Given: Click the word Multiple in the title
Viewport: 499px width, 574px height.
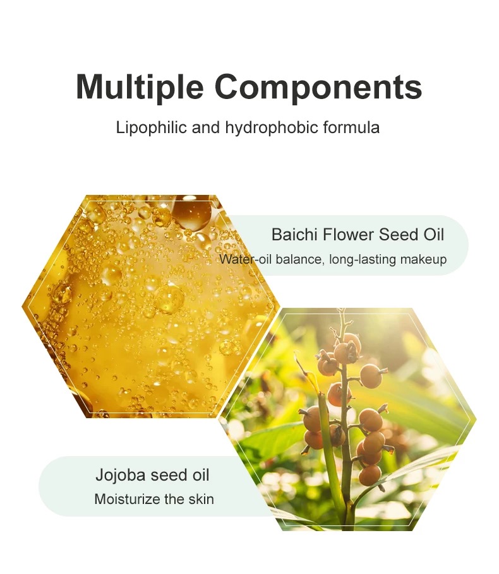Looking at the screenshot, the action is tap(140, 87).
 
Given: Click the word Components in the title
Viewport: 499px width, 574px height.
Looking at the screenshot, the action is tap(318, 87).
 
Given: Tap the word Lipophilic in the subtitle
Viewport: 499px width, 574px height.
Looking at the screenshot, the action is tap(152, 128).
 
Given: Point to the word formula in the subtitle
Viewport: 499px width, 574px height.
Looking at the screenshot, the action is tap(351, 127).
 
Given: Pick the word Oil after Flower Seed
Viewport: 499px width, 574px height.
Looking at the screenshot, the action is tap(434, 234).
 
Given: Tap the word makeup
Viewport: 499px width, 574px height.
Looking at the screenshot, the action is tap(423, 260).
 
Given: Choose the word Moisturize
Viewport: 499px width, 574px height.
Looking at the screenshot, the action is tap(127, 500).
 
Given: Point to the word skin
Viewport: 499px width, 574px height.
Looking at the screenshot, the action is tap(201, 499).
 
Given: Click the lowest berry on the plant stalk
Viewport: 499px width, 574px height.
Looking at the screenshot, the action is tap(370, 475).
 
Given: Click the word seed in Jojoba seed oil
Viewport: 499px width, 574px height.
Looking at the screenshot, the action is tap(169, 475).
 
